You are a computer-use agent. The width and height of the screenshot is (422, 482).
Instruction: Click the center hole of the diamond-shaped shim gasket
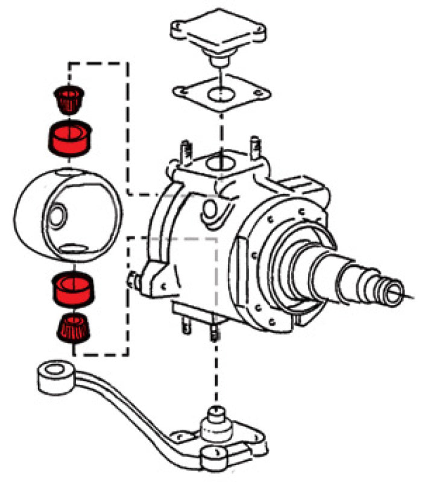click(x=221, y=94)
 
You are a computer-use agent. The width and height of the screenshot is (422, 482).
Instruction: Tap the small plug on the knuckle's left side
click(x=131, y=280)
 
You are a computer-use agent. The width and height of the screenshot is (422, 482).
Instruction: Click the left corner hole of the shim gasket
click(x=180, y=91)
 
